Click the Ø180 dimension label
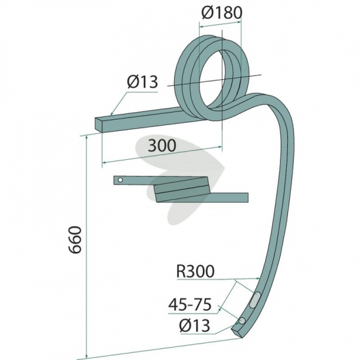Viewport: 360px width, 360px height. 222,12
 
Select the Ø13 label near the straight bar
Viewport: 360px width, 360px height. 143,82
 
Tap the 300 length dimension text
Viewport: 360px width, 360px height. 162,145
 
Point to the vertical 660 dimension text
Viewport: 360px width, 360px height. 75,240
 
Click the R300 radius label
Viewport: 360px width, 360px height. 195,271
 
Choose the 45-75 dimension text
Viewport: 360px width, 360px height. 190,304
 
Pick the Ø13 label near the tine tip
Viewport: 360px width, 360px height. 194,325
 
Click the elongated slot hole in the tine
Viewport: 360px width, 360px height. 255,299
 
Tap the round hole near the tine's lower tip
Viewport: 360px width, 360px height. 242,321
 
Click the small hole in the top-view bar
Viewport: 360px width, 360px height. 120,180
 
